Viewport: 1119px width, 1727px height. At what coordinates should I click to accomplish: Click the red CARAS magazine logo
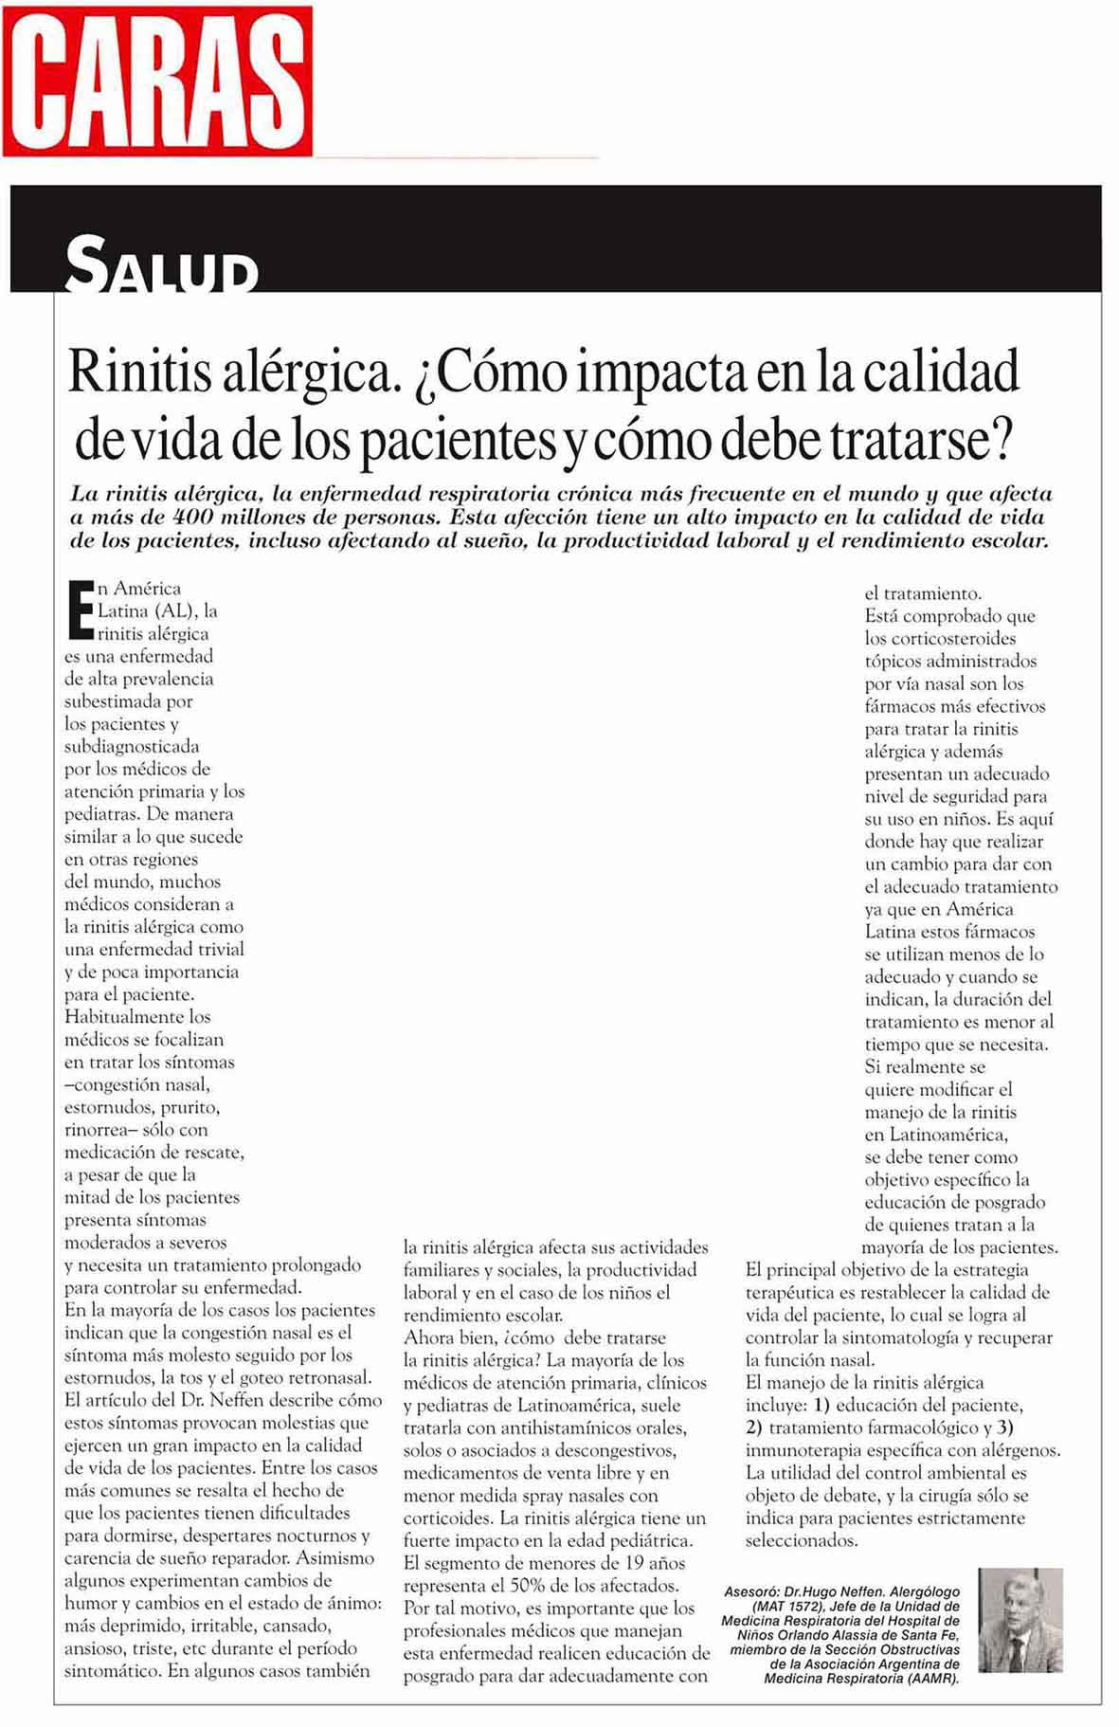point(157,81)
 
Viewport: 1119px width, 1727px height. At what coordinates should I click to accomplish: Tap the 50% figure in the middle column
point(550,1586)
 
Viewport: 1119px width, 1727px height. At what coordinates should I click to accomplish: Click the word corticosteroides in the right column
point(940,639)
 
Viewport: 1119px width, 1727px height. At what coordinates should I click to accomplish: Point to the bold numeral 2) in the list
point(754,1428)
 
